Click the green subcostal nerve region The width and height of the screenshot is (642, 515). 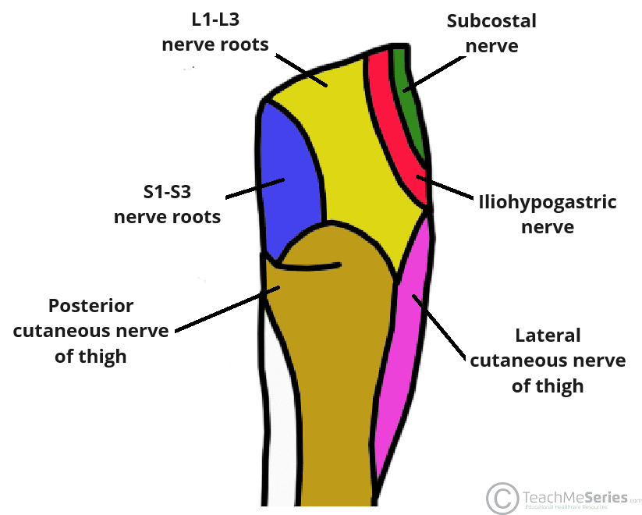[x=410, y=109]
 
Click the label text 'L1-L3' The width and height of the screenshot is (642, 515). [x=215, y=20]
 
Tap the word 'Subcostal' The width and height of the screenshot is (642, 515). [x=491, y=20]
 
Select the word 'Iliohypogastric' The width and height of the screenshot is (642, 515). [x=547, y=203]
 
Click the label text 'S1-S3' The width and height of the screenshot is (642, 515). [x=167, y=190]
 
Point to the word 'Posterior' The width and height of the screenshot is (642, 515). [x=91, y=306]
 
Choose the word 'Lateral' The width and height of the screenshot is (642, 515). [x=548, y=336]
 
